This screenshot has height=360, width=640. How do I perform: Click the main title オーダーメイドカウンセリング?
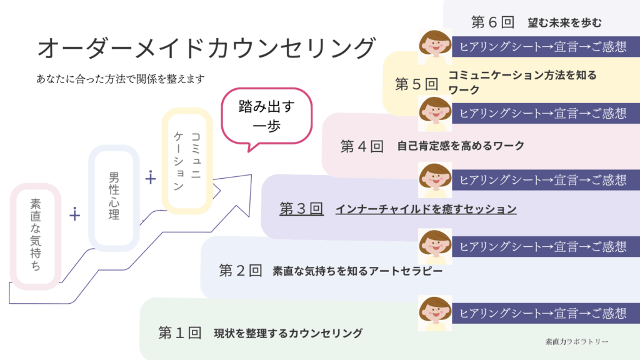pos(207,48)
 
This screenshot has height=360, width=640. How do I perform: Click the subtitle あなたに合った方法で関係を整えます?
pos(121,79)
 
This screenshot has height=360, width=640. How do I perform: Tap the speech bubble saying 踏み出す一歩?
pos(266,116)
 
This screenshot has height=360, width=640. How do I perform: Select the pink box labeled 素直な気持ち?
pos(36,235)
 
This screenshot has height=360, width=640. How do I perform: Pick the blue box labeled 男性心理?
pos(113,198)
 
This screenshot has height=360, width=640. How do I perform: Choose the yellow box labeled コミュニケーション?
pos(187,161)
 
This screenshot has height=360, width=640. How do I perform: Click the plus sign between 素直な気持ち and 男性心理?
pos(75,215)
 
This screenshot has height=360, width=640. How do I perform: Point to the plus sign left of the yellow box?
pos(150,178)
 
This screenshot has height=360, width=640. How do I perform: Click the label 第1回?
pos(179,332)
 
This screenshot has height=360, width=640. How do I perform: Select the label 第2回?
pos(240,271)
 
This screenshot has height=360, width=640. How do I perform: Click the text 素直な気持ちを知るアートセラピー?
pos(357,271)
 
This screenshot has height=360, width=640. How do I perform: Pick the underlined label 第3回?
pos(301,209)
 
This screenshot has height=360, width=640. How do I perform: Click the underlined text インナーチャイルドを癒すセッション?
pos(426,209)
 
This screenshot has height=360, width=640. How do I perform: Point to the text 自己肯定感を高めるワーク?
pos(461,146)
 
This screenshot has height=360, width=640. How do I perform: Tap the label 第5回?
pos(417,84)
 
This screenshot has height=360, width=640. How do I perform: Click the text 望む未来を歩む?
pos(564,23)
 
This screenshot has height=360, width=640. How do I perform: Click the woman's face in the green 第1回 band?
pos(435,312)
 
